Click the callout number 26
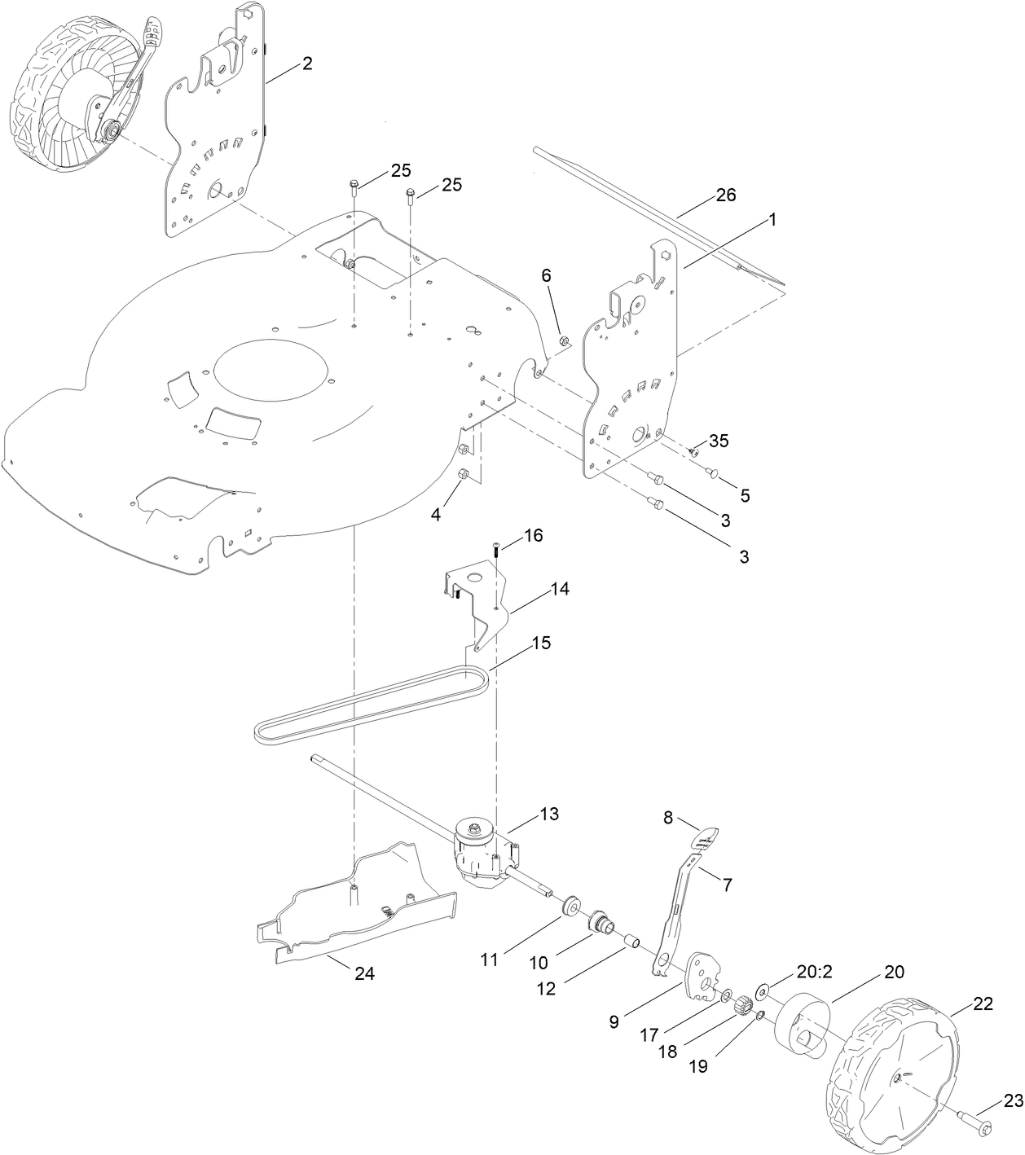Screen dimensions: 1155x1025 pyautogui.click(x=725, y=195)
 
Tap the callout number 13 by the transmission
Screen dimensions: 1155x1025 pyautogui.click(x=550, y=815)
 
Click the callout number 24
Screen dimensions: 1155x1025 pyautogui.click(x=364, y=973)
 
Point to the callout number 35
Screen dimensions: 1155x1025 pyautogui.click(x=719, y=441)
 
